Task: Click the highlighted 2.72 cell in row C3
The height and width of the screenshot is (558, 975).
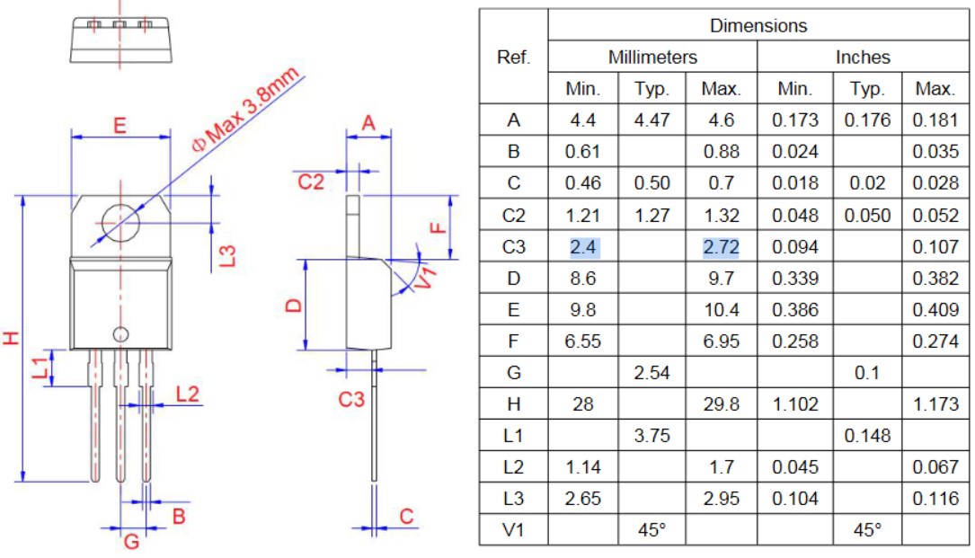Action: tap(721, 247)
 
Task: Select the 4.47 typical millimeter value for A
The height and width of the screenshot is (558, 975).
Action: tap(651, 120)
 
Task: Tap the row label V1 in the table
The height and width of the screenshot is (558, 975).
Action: tap(513, 530)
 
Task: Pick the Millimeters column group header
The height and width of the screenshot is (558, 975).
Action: tap(652, 58)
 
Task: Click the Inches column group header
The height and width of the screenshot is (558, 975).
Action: tap(863, 58)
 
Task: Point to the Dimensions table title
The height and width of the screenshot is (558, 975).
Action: tap(758, 25)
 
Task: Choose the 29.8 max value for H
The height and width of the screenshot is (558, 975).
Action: tap(722, 404)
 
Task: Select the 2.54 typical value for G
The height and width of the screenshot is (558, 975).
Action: tap(651, 373)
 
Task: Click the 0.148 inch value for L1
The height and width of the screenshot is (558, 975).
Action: tap(867, 436)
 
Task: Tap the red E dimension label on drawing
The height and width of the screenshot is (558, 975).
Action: tap(120, 126)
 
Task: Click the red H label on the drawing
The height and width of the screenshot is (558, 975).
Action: tap(11, 338)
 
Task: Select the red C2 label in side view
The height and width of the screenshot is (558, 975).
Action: tap(310, 182)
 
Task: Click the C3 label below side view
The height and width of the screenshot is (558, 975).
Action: tap(350, 399)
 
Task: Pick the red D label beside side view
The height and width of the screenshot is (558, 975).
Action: tap(294, 306)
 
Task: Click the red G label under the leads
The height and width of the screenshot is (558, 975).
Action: tap(131, 542)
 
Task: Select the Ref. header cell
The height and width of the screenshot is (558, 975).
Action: tap(514, 58)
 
